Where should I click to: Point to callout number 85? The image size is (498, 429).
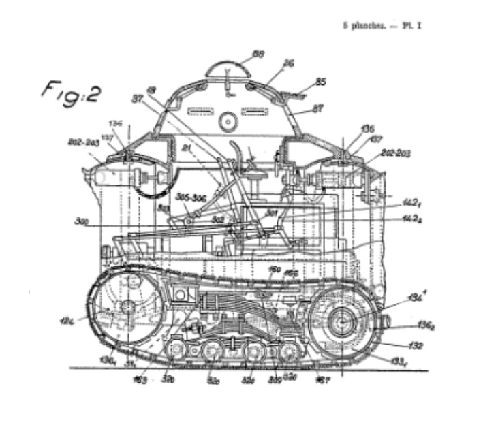click(x=321, y=82)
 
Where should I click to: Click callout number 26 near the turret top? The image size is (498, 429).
click(x=289, y=63)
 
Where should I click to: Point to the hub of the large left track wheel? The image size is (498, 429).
click(x=127, y=308)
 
